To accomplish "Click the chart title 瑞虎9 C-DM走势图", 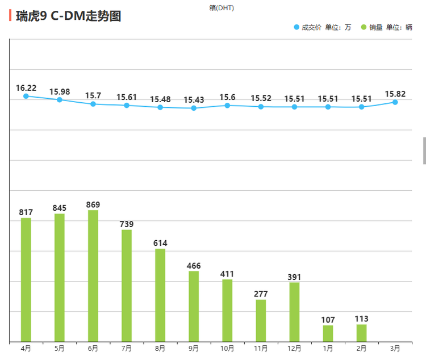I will point(69,16).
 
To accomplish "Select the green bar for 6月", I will point(93,275).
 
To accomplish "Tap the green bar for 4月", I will point(26,279).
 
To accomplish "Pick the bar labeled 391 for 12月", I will point(294,312).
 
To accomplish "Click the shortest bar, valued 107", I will point(328,333).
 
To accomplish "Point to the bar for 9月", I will point(194,306).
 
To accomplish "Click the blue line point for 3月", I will point(395,102).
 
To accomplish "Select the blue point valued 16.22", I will point(26,96).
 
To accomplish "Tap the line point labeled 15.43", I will point(194,108).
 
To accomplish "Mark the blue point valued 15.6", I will point(227,105).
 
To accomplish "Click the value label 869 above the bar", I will point(93,204).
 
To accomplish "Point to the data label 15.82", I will point(395,94).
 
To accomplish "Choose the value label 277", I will point(261,294).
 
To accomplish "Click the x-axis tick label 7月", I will point(127,348).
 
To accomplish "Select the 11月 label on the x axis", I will point(261,348).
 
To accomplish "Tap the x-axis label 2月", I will point(361,348).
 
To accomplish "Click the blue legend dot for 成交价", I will point(296,27).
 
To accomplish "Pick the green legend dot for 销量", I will point(364,27).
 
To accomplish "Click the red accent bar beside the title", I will point(10,15).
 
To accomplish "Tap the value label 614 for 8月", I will point(160,243).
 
